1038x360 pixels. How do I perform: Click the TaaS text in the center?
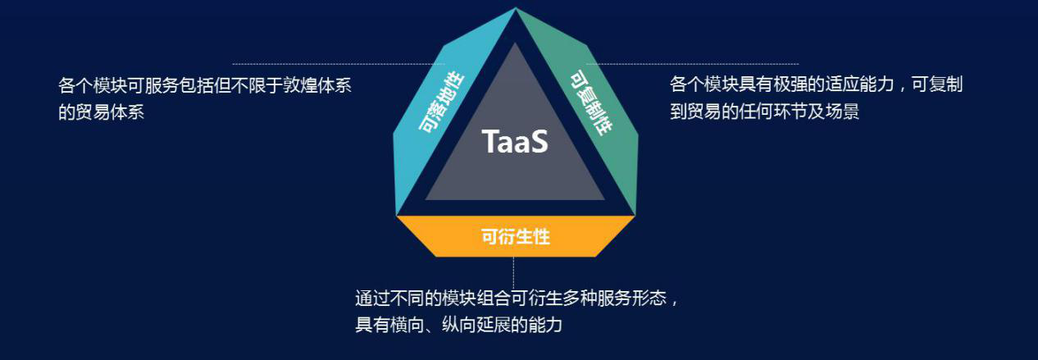coord(515,141)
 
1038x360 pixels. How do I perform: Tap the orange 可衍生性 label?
coord(516,236)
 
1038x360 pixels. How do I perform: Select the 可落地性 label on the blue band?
coord(440,103)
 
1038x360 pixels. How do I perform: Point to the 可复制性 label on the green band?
coord(591,103)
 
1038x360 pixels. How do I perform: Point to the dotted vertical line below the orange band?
coord(513,273)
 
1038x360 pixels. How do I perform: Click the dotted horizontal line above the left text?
coord(339,64)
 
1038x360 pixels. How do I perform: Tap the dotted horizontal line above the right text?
coord(693,64)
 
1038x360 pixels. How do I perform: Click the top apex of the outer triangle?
coord(515,8)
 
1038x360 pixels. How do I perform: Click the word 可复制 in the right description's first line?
coord(937,84)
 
